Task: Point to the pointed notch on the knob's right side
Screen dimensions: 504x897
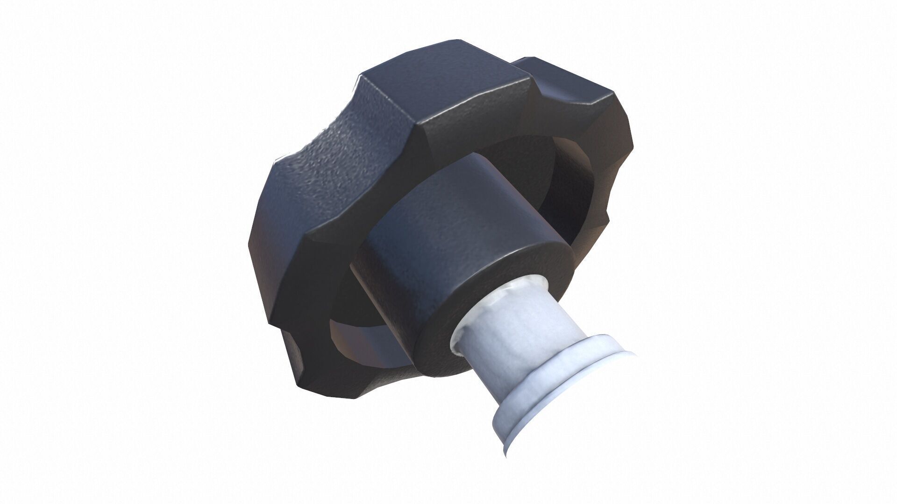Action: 607,219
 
